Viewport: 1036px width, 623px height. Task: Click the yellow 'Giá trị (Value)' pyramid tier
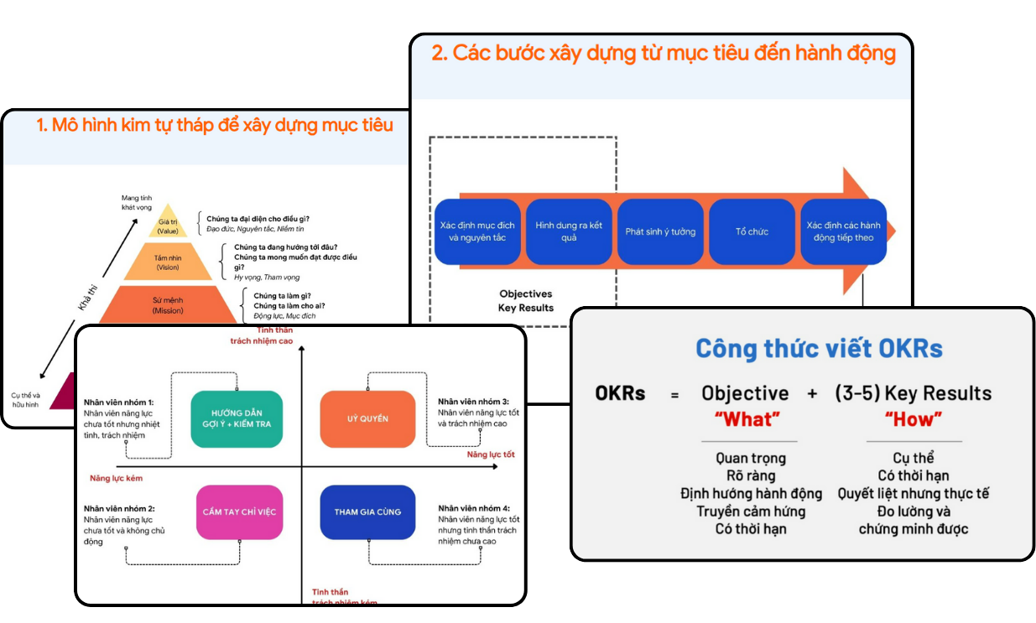point(168,225)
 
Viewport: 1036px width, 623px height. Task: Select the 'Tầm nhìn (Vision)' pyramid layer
point(168,262)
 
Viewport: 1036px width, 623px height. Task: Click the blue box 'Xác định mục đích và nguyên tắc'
point(476,232)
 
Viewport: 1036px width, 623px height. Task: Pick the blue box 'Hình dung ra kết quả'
point(569,232)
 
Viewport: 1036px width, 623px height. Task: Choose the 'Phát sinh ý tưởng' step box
point(660,232)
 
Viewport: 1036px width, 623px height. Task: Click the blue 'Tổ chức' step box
point(752,232)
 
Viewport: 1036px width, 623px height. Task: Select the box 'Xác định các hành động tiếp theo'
point(843,232)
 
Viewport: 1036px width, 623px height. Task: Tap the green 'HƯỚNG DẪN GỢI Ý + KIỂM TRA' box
point(237,418)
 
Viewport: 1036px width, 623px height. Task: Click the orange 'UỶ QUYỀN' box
point(367,418)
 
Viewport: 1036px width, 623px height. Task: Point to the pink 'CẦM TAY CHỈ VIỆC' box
point(238,511)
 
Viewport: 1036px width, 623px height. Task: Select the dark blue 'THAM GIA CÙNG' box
point(367,511)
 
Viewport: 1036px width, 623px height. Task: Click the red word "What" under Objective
point(747,419)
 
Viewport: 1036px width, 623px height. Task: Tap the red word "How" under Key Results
point(913,419)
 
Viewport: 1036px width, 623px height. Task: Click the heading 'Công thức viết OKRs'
point(819,349)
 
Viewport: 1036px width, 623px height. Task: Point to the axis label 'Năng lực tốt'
point(491,454)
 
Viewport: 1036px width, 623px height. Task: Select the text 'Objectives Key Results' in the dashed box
point(526,301)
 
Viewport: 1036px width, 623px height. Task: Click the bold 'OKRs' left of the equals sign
point(620,392)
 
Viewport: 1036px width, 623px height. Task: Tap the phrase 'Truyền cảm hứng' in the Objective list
point(751,511)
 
